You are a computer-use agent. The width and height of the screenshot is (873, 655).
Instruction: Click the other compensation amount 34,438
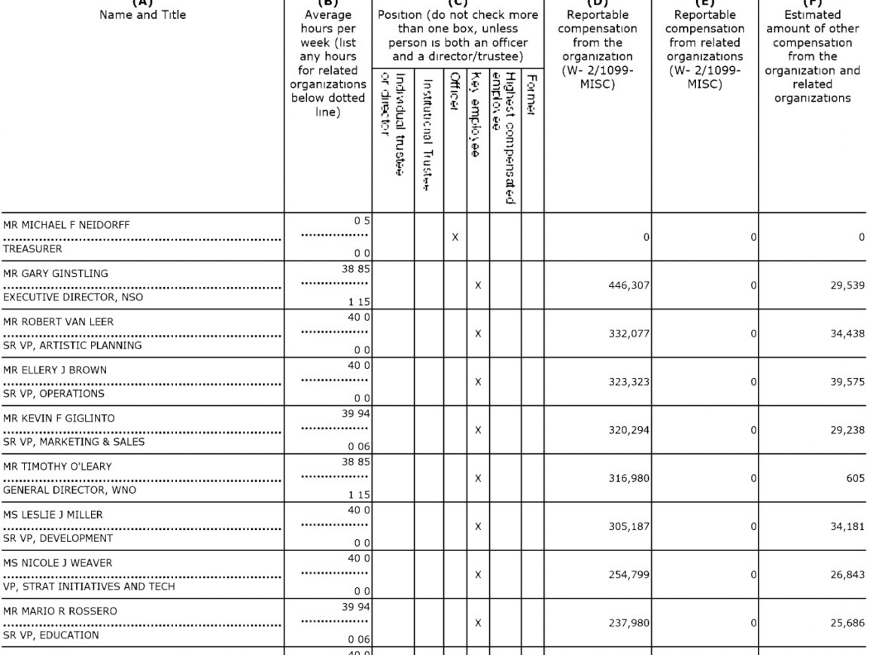tap(844, 334)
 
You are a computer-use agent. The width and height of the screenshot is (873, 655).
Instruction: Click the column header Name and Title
tap(141, 13)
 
